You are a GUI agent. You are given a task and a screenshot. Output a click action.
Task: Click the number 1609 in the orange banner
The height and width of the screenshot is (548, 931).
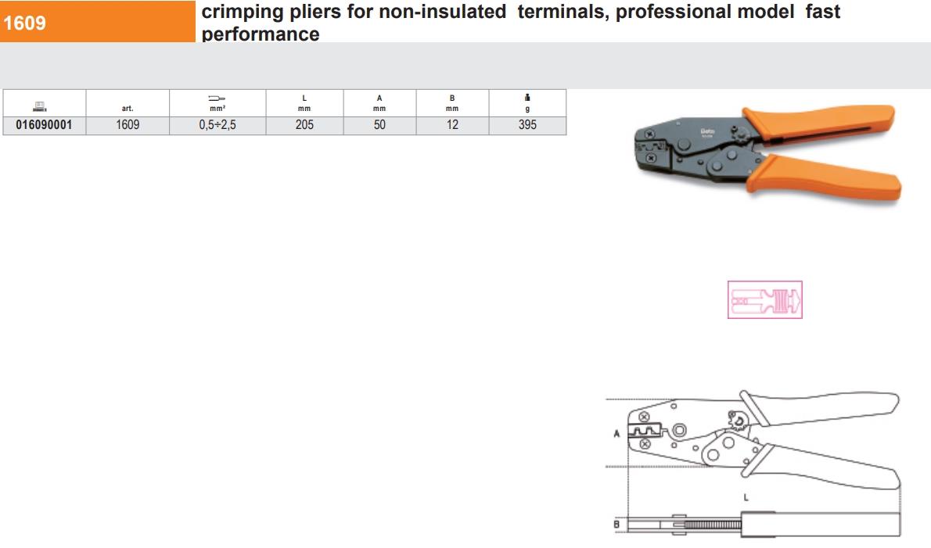coord(24,23)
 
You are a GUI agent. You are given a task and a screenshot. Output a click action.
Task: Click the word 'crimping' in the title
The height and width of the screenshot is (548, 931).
coord(243,12)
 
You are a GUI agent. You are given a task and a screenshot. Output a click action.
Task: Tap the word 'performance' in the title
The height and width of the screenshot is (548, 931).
coord(260,34)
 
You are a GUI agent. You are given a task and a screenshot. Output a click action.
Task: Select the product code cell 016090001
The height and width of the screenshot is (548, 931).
coord(44,124)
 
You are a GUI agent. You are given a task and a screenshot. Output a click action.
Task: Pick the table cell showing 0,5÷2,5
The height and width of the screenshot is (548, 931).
coord(217,124)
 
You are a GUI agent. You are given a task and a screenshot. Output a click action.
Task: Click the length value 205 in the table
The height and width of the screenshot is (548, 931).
coord(304,124)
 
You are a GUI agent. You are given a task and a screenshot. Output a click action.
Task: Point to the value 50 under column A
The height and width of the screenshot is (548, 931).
coord(379,124)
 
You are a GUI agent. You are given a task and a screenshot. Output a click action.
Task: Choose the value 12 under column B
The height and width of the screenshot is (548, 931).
coord(452,124)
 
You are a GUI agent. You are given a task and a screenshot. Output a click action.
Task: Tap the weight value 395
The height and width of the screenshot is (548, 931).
coord(527,124)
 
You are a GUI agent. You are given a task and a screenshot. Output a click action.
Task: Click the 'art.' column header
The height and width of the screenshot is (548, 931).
coord(128,109)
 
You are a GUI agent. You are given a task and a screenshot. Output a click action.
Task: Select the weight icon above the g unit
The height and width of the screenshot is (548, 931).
coord(527,97)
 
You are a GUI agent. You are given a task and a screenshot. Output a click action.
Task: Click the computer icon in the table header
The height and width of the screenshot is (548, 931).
coord(40,106)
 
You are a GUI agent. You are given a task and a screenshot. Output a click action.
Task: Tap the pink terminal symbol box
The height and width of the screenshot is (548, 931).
coord(765,299)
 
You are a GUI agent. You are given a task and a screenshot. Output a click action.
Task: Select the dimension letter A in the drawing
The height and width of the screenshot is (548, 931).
coord(616,434)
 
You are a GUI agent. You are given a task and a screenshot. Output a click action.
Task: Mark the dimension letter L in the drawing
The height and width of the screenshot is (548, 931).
coord(746,498)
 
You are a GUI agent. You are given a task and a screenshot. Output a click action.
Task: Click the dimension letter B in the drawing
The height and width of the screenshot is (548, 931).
coord(616,525)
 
